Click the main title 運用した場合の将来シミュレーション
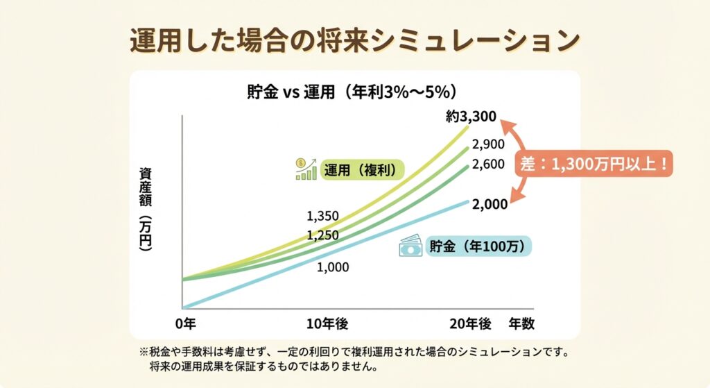pos(354,40)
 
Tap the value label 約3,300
pos(471,117)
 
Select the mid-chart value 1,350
pos(322,216)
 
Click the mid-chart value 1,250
pos(322,235)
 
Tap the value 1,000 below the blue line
pos(333,267)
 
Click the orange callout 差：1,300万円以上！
pos(596,165)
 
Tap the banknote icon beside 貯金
pos(410,246)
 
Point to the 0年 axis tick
pos(185,323)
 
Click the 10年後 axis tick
pos(327,323)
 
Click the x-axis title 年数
pos(521,323)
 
